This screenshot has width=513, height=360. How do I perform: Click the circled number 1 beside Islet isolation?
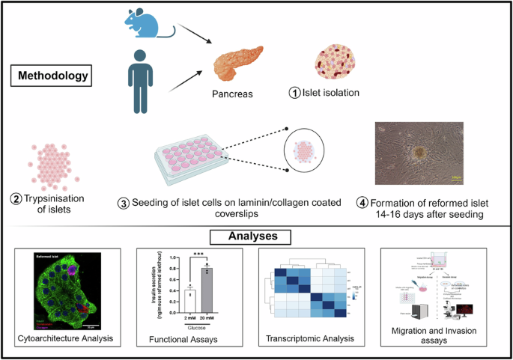(x=297, y=93)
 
